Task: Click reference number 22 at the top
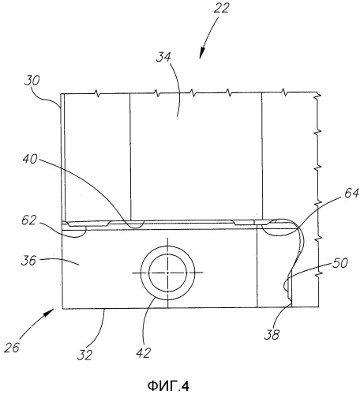click(221, 8)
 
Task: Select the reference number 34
click(163, 57)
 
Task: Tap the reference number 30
click(32, 81)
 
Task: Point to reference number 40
click(30, 159)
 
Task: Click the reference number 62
click(28, 220)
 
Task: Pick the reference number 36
click(28, 261)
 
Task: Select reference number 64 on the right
click(351, 193)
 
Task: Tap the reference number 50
click(340, 263)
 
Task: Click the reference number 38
click(272, 335)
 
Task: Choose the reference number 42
click(144, 352)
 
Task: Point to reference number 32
click(84, 355)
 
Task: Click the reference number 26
click(12, 348)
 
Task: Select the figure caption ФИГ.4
click(168, 386)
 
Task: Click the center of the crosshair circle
click(168, 273)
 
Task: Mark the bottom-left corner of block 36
click(62, 308)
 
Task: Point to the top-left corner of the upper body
click(61, 94)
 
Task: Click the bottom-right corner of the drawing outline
click(319, 307)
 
